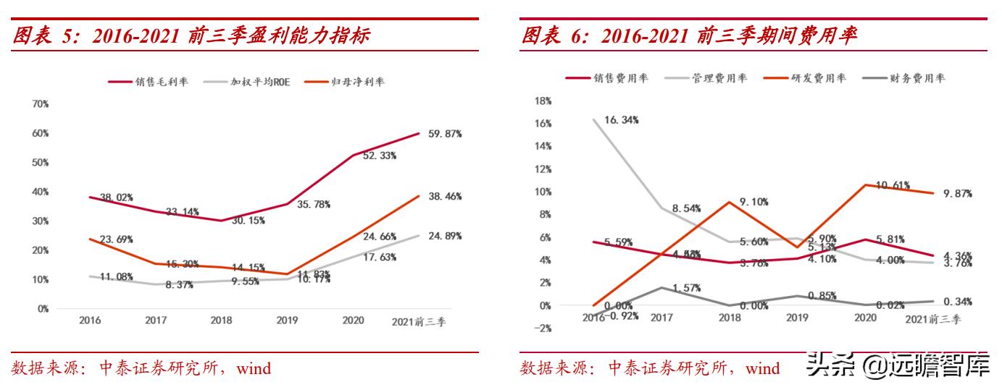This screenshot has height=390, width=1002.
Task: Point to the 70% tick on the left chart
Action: [40, 104]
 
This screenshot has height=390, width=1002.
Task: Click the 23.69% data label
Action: [115, 239]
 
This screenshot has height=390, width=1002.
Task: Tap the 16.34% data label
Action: [621, 120]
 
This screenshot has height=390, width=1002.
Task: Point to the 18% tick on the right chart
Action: [542, 101]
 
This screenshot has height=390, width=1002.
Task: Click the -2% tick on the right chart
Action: [542, 328]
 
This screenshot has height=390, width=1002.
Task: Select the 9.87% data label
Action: [957, 194]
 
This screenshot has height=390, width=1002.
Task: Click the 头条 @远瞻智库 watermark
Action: [898, 366]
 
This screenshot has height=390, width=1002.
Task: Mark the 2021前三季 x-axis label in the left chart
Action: [419, 322]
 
